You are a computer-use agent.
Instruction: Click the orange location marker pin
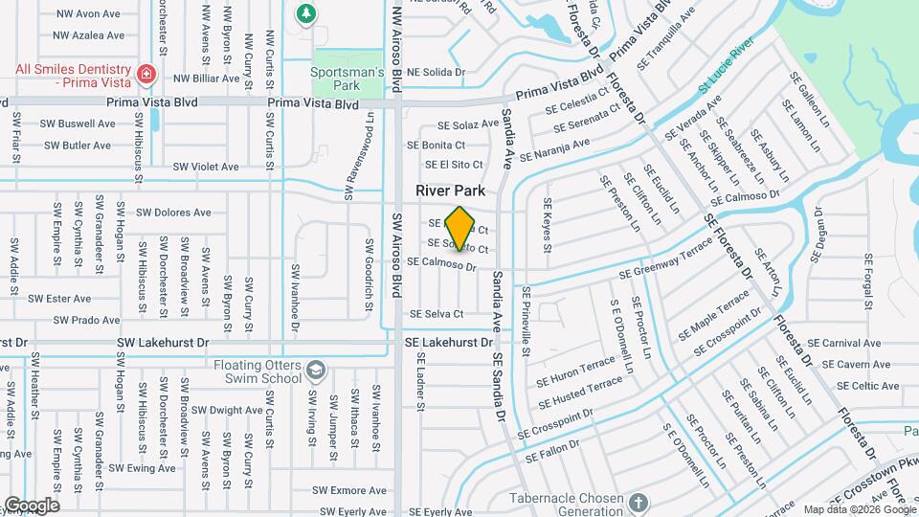click(x=460, y=228)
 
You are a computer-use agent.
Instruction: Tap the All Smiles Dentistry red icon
click(x=146, y=74)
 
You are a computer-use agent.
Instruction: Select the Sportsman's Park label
click(x=347, y=78)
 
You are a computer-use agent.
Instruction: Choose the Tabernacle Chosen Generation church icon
click(x=639, y=502)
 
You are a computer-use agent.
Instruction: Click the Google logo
click(x=31, y=506)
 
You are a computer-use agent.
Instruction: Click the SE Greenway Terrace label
click(x=666, y=258)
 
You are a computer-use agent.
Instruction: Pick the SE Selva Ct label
click(x=437, y=314)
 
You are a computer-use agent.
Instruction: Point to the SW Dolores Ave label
click(x=173, y=213)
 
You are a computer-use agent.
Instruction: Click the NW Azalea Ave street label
click(x=89, y=35)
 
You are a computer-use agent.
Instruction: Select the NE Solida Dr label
click(x=436, y=72)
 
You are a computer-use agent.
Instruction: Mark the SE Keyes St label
click(x=548, y=226)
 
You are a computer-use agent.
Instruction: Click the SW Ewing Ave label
click(x=142, y=468)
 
